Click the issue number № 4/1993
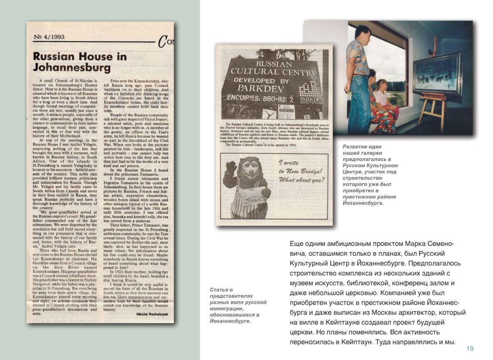49,37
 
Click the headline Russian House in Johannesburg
80,62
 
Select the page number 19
470,349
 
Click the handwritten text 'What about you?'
302,180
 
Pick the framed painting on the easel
437,73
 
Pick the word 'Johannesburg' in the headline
72,67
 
